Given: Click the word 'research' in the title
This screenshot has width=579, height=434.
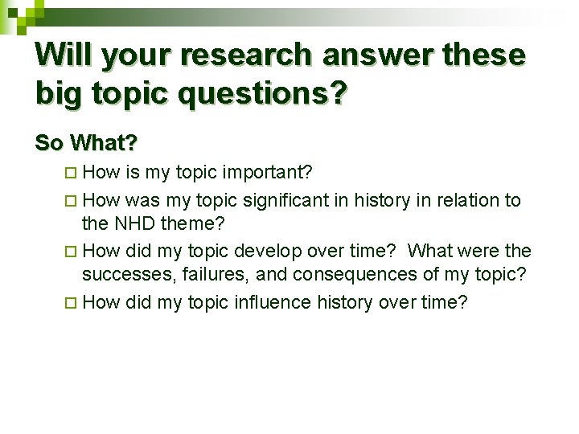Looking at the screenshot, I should [x=245, y=55].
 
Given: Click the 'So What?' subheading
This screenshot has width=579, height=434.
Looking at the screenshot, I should [x=86, y=143].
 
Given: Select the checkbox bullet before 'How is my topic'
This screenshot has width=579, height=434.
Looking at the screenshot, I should [x=72, y=173].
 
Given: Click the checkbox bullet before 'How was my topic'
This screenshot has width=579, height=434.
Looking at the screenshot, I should [x=72, y=201].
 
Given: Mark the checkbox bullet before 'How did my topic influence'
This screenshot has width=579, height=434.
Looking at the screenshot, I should [x=72, y=303].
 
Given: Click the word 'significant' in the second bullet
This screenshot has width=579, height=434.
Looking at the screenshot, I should [x=287, y=200].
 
